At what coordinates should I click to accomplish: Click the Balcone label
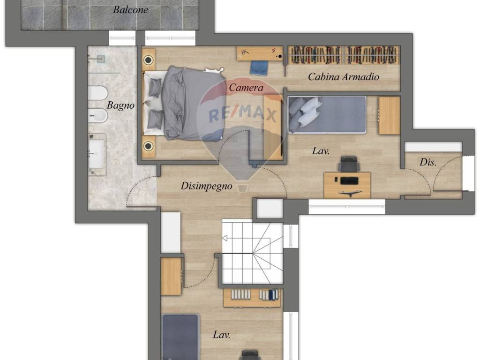tap(131, 10)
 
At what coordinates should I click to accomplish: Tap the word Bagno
tap(120, 105)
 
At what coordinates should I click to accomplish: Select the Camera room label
tap(246, 88)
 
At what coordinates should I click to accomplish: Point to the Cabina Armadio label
tap(344, 76)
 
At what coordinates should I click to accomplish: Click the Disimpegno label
tap(206, 186)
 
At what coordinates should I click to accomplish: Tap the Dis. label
tap(427, 162)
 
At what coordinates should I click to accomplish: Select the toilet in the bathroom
tap(97, 93)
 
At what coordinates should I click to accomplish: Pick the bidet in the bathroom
tap(97, 116)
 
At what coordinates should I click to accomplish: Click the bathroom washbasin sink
tap(96, 154)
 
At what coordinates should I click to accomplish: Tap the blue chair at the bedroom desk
tap(259, 68)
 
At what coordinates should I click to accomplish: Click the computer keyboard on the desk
tap(349, 180)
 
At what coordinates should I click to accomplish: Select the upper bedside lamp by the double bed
tap(149, 60)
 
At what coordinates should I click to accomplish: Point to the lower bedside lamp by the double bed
tap(149, 146)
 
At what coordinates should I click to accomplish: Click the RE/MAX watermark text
tap(243, 114)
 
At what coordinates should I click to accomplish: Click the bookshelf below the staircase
tap(252, 298)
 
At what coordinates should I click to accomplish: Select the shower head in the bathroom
tap(101, 59)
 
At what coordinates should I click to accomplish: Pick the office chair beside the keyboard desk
tap(349, 164)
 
